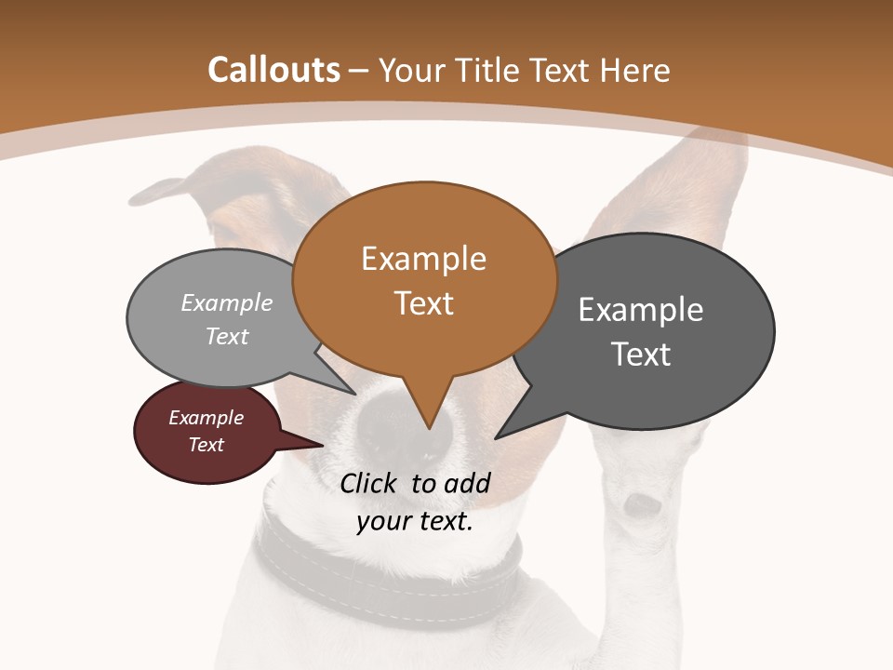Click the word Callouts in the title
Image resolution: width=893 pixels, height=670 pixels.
point(273,70)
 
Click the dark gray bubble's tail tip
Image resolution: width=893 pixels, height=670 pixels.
point(498,436)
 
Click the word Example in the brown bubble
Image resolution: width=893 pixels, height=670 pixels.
point(423,259)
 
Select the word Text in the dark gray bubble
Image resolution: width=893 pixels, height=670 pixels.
point(641,355)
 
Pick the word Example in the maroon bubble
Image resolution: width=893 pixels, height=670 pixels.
point(206,418)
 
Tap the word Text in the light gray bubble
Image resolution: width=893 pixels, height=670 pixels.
point(227,336)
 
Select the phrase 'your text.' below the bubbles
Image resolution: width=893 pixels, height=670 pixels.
point(415,521)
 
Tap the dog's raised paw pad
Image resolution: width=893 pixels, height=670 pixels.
point(642,505)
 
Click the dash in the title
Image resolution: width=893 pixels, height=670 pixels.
point(359,71)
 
